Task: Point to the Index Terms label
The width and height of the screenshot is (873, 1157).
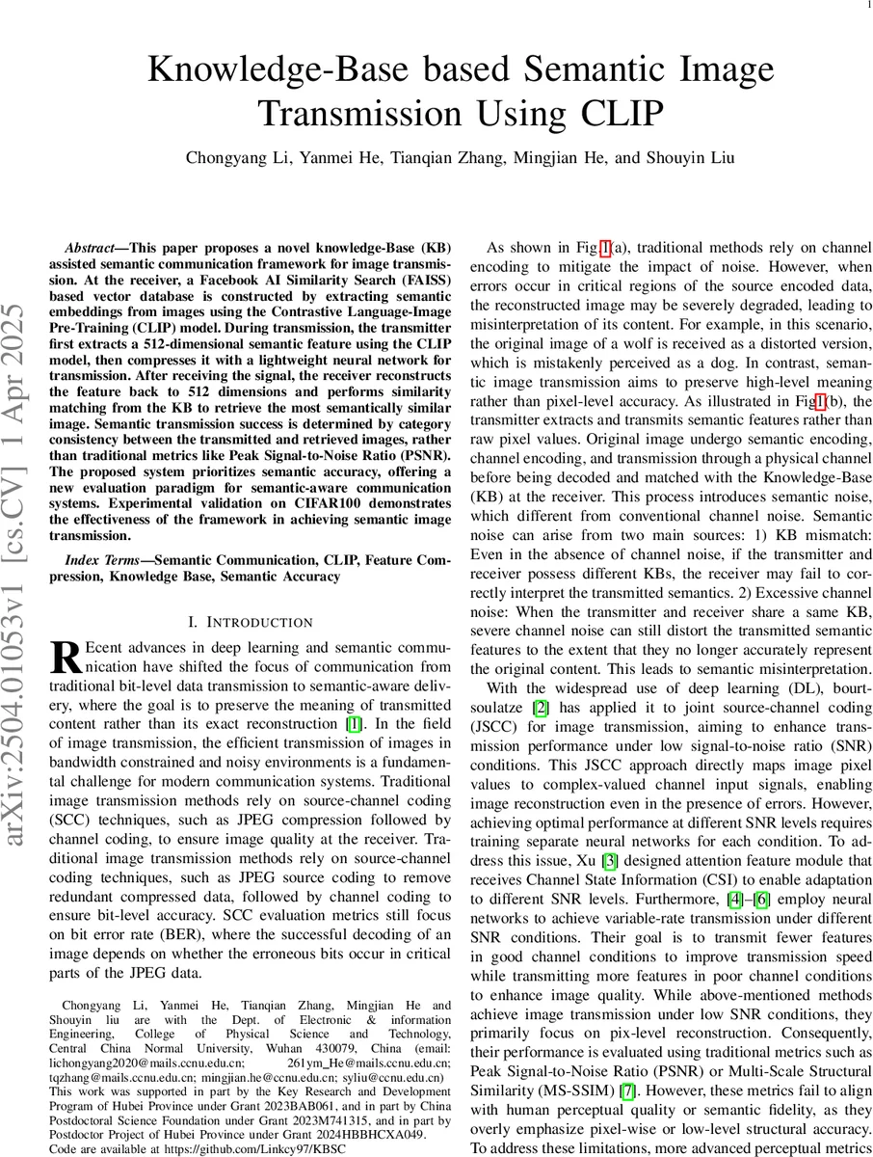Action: point(105,559)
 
